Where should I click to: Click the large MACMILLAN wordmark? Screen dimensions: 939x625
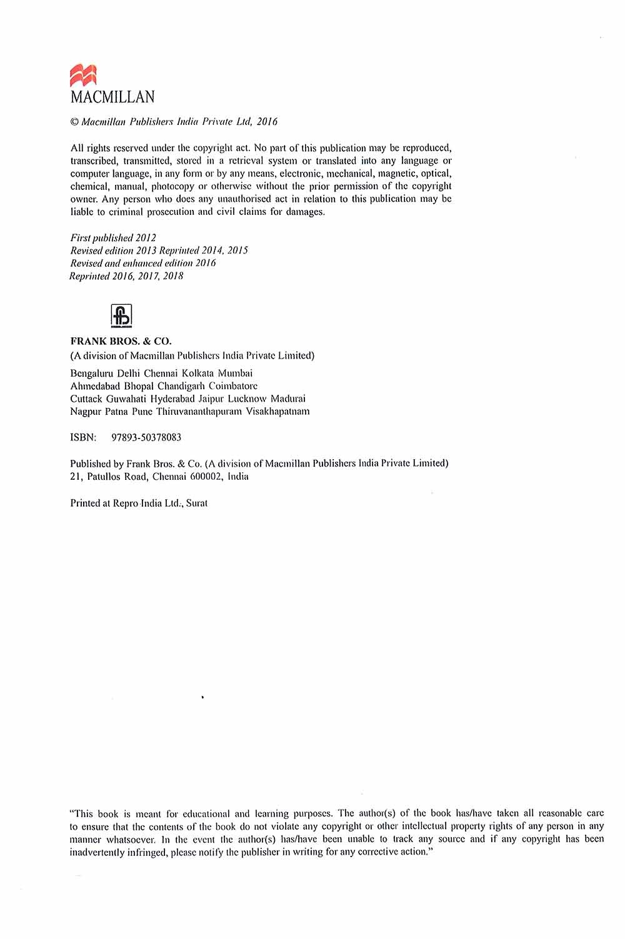tap(112, 97)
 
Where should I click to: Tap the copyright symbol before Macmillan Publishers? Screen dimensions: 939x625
tap(74, 122)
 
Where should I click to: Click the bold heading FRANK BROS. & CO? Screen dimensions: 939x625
tap(121, 342)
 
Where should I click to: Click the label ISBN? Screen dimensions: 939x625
tap(83, 437)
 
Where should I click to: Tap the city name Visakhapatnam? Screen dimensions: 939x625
tap(277, 411)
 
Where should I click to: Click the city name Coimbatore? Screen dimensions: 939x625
tap(233, 386)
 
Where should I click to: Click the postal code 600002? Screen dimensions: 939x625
tap(203, 477)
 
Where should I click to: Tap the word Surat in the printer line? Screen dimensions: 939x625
tap(197, 503)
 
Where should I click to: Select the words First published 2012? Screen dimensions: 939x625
tap(113, 238)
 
